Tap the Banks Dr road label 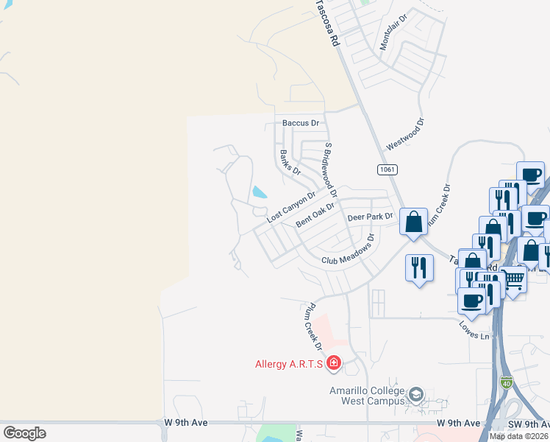point(291,162)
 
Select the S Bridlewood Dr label point(330,170)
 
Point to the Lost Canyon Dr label point(291,207)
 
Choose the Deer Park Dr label point(371,217)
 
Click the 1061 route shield point(388,169)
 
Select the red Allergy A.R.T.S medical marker point(333,363)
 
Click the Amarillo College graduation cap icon point(416,396)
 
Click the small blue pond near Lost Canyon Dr point(260,193)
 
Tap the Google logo point(24,432)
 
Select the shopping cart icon point(513,280)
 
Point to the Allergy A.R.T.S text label point(289,364)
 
